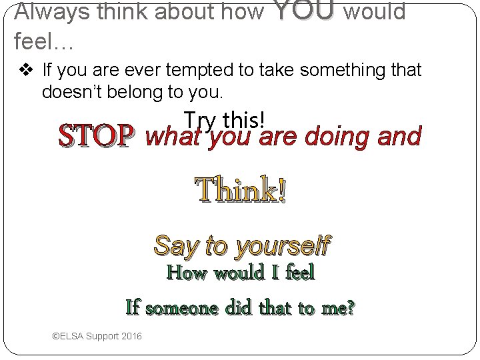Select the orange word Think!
coord(241,191)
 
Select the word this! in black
coord(245,120)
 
